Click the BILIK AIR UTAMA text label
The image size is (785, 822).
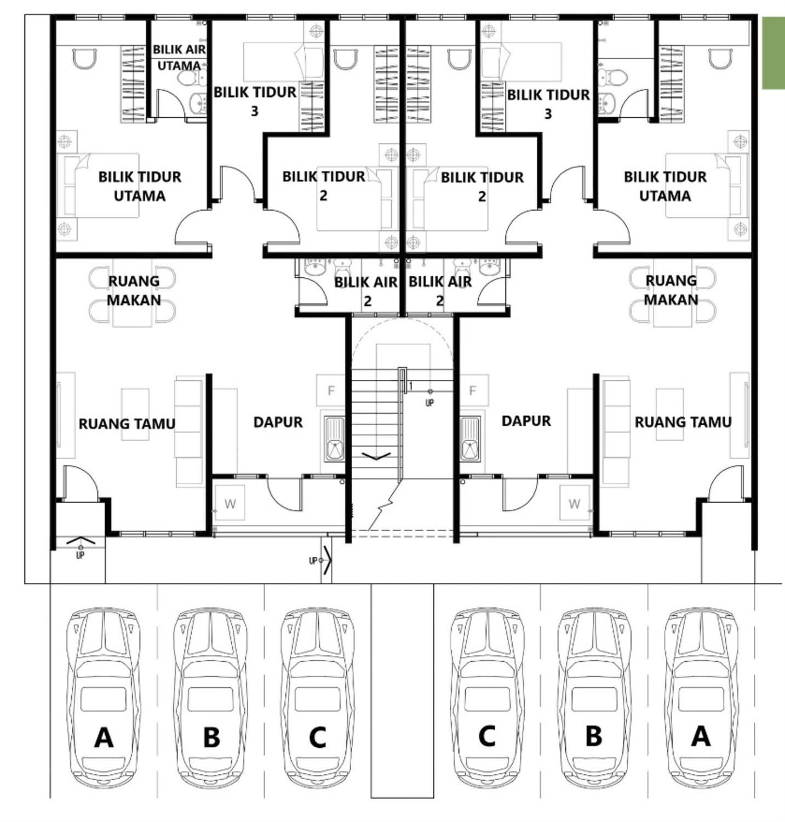click(x=179, y=57)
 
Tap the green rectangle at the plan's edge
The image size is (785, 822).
click(x=773, y=53)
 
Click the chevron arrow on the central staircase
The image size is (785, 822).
click(x=376, y=455)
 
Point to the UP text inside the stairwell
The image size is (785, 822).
click(x=429, y=403)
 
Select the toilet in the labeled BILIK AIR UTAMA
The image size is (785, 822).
click(x=188, y=79)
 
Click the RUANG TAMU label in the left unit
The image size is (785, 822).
click(x=127, y=424)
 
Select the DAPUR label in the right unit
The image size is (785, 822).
click(x=526, y=421)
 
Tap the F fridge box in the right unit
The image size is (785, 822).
click(x=473, y=391)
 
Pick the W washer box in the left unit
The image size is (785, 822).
click(x=230, y=504)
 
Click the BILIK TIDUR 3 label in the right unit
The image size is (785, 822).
click(x=548, y=104)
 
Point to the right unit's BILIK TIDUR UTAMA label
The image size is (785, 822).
click(x=665, y=186)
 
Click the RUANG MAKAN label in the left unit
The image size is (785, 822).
click(x=134, y=290)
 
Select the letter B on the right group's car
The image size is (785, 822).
click(x=593, y=736)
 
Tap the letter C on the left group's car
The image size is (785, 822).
click(x=317, y=737)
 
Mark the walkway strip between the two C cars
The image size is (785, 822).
click(x=402, y=690)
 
